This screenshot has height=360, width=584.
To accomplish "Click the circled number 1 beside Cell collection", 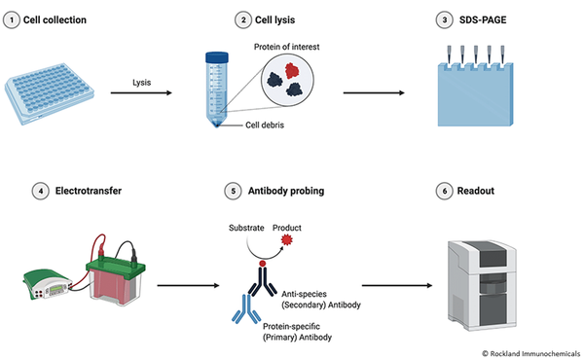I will [x=11, y=19].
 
